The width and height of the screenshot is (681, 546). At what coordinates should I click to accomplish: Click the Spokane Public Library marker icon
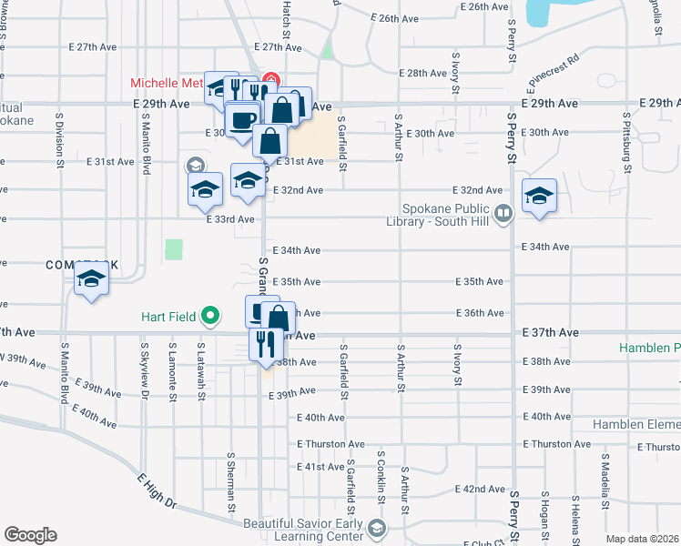pyautogui.click(x=503, y=213)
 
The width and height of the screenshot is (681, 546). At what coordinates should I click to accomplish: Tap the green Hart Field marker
pyautogui.click(x=211, y=317)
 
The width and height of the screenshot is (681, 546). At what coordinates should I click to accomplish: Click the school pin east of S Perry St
pyautogui.click(x=539, y=197)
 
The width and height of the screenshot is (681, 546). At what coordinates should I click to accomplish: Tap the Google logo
pyautogui.click(x=31, y=535)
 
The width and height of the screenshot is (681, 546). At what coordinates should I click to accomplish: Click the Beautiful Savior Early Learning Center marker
pyautogui.click(x=376, y=529)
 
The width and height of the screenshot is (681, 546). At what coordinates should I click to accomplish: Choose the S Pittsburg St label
pyautogui.click(x=627, y=143)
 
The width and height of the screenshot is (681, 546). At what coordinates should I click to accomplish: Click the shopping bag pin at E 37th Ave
pyautogui.click(x=280, y=319)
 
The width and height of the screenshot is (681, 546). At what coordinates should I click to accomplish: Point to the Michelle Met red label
pyautogui.click(x=167, y=83)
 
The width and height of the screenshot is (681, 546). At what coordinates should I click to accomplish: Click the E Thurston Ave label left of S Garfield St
pyautogui.click(x=330, y=444)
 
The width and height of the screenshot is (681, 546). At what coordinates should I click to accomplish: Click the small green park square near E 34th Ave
pyautogui.click(x=174, y=248)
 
